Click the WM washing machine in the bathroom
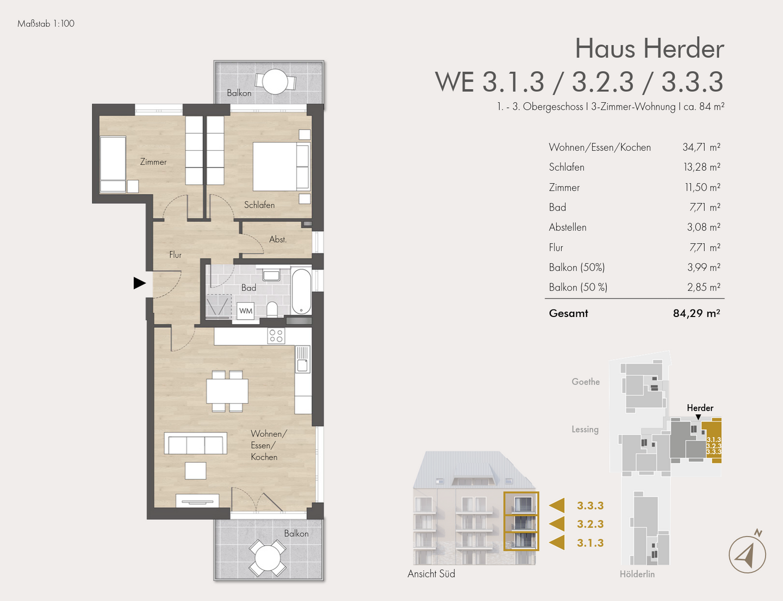[246, 311]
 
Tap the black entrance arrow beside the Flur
[139, 283]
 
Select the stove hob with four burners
[276, 336]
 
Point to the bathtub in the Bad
[301, 291]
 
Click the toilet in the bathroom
[272, 309]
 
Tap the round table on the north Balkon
[275, 82]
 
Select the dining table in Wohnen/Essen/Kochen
[227, 391]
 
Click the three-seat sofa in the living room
[195, 443]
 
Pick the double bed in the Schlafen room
[281, 166]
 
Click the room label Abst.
[278, 239]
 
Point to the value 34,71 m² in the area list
[701, 147]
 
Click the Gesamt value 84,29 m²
[697, 313]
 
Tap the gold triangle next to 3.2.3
[557, 524]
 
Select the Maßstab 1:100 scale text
[46, 24]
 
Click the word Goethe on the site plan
[586, 382]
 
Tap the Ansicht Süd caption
[431, 574]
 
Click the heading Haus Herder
[649, 48]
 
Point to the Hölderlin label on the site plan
[637, 574]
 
